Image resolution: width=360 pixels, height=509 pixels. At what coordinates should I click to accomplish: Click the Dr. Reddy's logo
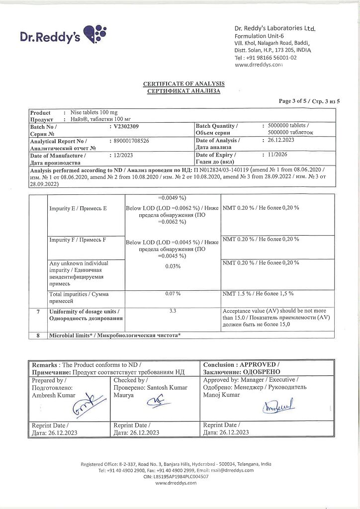63,34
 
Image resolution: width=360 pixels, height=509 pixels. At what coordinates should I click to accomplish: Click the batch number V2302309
127,127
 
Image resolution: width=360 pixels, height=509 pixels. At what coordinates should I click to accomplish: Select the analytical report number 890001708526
132,141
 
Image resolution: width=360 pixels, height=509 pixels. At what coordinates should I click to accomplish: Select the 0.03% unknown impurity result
173,266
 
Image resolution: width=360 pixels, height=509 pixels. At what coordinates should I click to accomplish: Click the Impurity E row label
78,208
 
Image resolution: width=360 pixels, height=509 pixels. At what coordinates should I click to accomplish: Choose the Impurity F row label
78,240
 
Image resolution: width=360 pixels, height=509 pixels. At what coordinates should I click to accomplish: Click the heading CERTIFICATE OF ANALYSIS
183,84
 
